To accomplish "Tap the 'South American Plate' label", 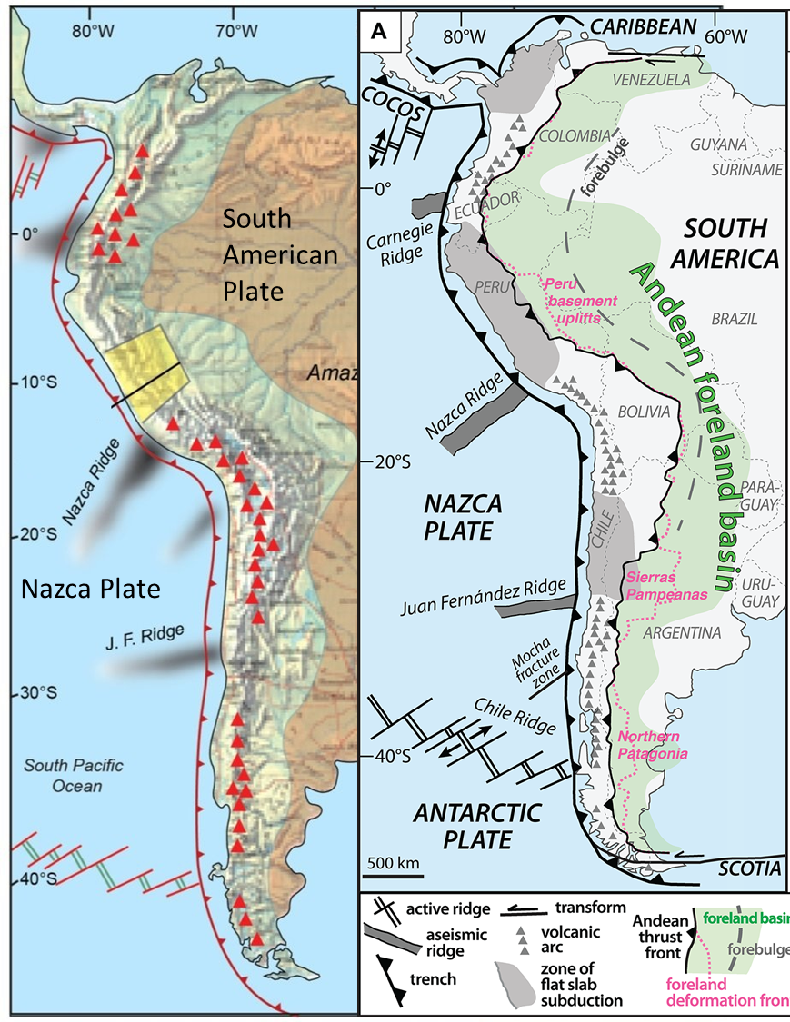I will (x=281, y=255).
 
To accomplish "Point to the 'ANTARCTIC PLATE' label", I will (x=467, y=823).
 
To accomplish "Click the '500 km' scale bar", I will (x=392, y=868).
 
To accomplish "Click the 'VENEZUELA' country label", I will (x=652, y=80).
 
